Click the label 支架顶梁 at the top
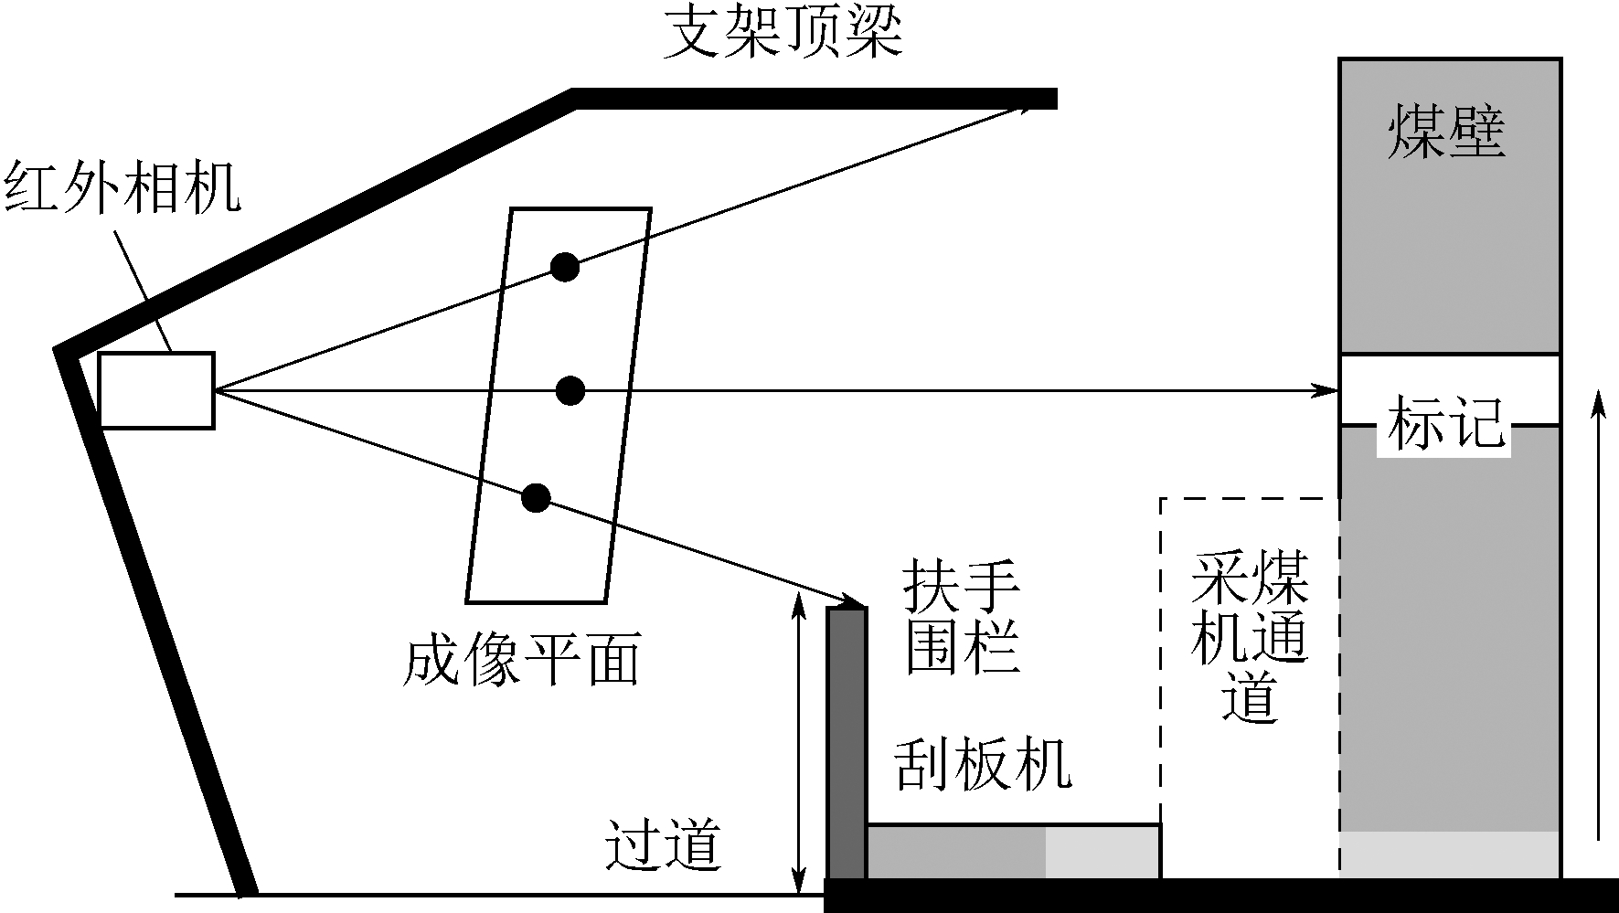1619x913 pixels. point(782,35)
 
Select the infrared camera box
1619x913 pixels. point(156,390)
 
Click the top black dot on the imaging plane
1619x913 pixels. point(564,267)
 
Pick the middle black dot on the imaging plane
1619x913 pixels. point(570,390)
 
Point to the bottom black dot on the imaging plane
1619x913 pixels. point(536,498)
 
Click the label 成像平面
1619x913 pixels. point(521,659)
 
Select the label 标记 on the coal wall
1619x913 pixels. point(1444,422)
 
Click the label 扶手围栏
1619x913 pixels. point(962,618)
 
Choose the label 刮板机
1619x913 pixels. point(982,764)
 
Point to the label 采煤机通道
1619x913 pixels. point(1249,634)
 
